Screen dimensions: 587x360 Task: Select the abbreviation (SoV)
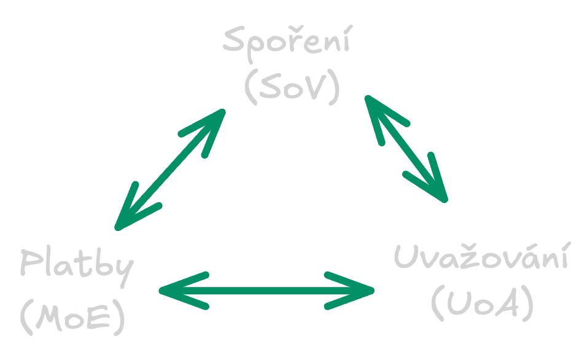click(x=292, y=87)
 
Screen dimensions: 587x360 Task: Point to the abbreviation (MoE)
click(x=72, y=317)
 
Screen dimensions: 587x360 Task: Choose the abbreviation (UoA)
click(x=482, y=303)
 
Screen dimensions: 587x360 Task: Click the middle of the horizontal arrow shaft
click(x=266, y=291)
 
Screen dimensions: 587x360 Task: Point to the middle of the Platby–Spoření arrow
click(x=170, y=170)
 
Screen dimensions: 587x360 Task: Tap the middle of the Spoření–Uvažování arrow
click(x=406, y=149)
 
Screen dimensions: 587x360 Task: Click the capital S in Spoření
click(x=234, y=39)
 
